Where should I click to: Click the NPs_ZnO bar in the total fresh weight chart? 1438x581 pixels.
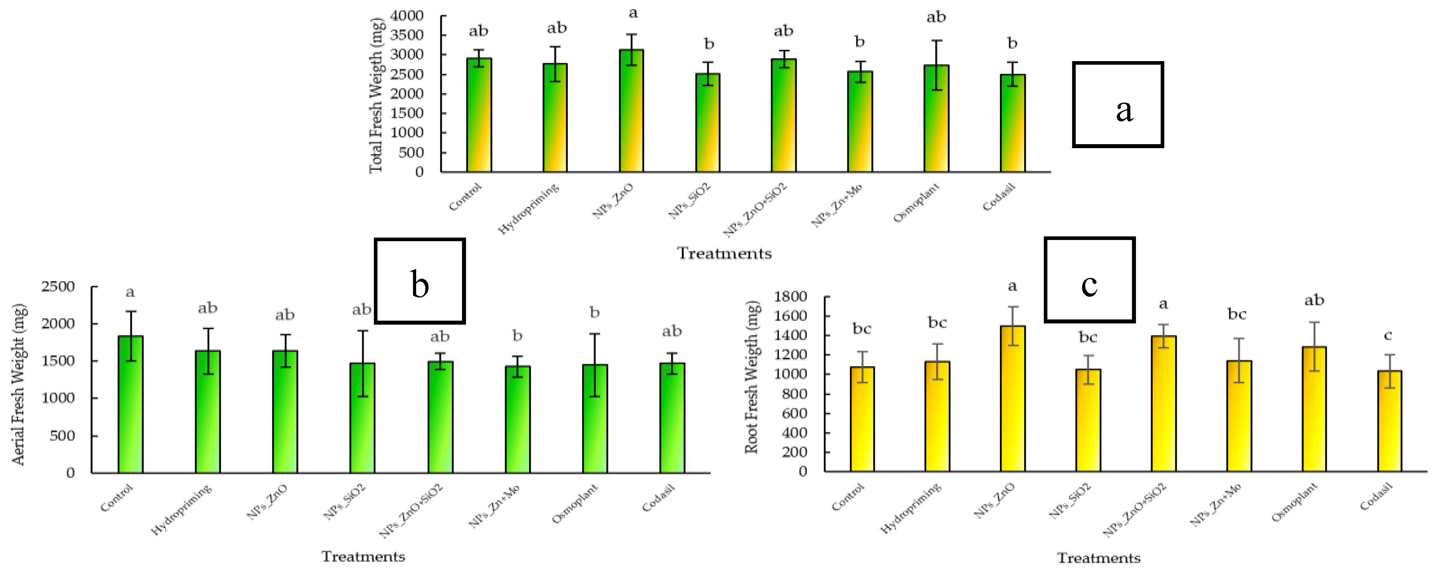[x=631, y=112]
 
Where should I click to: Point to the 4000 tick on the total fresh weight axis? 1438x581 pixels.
[x=407, y=16]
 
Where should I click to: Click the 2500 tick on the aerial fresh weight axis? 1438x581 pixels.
[x=58, y=287]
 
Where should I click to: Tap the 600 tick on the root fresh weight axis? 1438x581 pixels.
[x=794, y=413]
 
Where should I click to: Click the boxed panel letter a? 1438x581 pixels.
[x=1124, y=109]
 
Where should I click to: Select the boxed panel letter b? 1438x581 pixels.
[x=419, y=284]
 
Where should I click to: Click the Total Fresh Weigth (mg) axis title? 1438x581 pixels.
[x=377, y=95]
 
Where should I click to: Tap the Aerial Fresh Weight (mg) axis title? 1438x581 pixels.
[x=18, y=385]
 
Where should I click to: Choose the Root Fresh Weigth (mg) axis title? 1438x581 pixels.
[x=752, y=377]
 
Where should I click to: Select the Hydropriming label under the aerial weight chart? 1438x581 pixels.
[x=182, y=510]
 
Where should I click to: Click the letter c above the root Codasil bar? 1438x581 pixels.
[x=1388, y=335]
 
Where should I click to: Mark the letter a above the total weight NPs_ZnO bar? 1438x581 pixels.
[x=633, y=12]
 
